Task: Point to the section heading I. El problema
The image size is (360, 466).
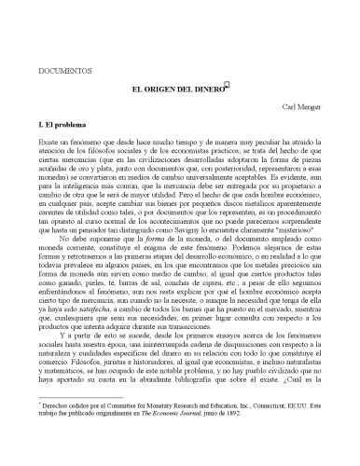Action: (x=64, y=123)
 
